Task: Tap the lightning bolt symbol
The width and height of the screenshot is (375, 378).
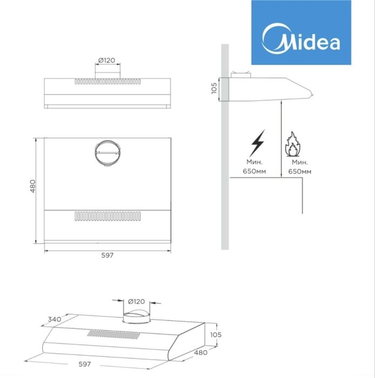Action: [x=258, y=143]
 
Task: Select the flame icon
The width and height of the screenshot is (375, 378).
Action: [x=293, y=144]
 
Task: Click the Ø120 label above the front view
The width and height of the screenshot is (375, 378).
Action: [x=107, y=60]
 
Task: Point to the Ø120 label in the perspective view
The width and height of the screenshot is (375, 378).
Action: [x=136, y=301]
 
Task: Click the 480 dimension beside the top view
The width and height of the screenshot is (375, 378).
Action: [x=32, y=186]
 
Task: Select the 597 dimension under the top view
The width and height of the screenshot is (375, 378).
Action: [x=108, y=255]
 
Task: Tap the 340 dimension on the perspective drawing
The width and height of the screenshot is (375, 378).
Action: [x=55, y=319]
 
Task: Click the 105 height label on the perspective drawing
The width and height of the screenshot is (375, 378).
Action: [x=216, y=335]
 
